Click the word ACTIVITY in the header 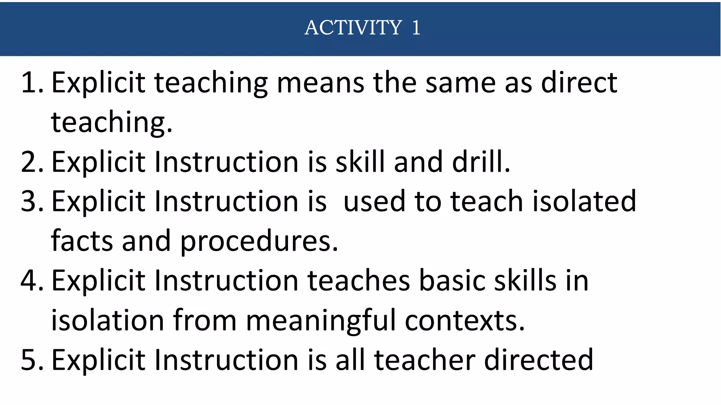(x=353, y=27)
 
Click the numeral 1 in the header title (x=416, y=27)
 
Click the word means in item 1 (x=320, y=83)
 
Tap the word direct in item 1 (x=579, y=83)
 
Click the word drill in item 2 (x=480, y=162)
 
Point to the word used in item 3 (x=374, y=201)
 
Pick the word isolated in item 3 (x=584, y=201)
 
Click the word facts (x=82, y=241)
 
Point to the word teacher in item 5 (x=425, y=360)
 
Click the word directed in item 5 (x=539, y=360)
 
